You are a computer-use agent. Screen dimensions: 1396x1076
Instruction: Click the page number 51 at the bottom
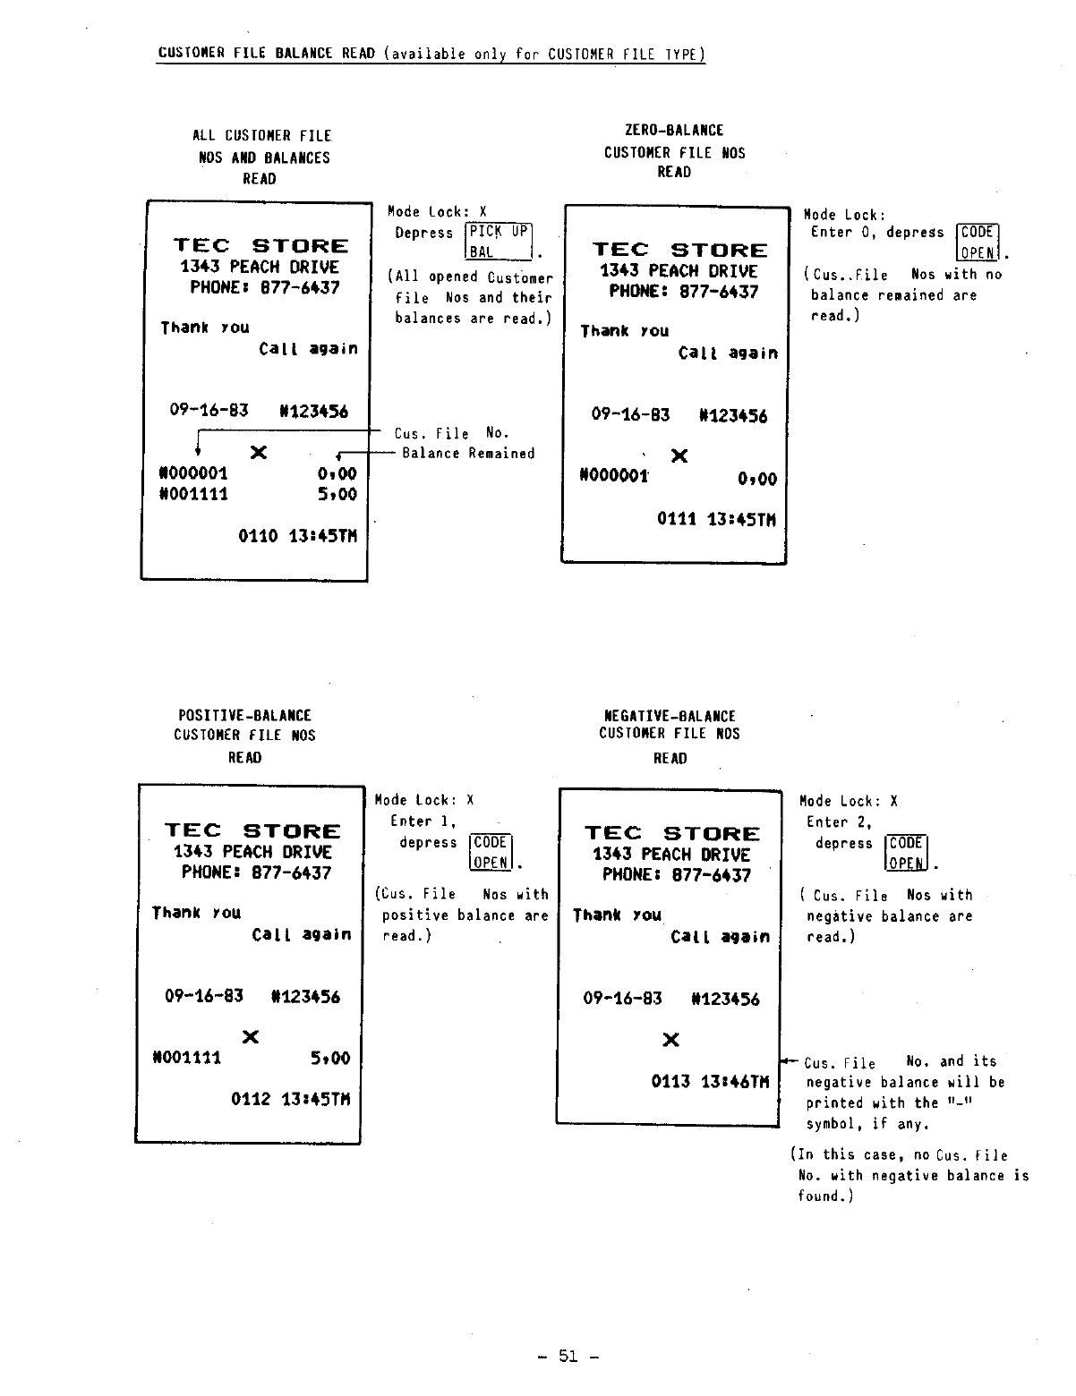(x=568, y=1357)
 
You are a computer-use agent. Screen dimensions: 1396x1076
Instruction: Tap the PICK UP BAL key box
(x=500, y=242)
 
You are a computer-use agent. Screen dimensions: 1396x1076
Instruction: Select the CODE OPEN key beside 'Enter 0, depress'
(x=978, y=242)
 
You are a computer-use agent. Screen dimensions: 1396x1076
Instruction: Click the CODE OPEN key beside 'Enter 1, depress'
(x=491, y=852)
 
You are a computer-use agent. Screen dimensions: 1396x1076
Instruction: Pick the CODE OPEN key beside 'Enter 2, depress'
(x=906, y=853)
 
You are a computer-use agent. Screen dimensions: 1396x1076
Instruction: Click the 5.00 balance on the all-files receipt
(x=337, y=494)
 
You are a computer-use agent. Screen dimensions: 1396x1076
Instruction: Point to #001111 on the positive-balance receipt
(x=187, y=1058)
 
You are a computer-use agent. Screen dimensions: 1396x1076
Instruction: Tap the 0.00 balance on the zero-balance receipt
(x=757, y=479)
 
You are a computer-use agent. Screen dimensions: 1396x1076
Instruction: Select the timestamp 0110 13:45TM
(x=297, y=536)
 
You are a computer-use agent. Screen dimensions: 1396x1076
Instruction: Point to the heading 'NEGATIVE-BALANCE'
(x=670, y=716)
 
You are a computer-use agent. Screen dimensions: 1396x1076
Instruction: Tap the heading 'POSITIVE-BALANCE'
(x=244, y=716)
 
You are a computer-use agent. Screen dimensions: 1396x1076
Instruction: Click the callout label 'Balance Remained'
(x=468, y=454)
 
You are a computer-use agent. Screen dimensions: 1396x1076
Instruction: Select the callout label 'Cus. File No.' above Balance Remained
(x=452, y=434)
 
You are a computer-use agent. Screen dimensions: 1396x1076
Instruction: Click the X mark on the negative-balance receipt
(x=670, y=1040)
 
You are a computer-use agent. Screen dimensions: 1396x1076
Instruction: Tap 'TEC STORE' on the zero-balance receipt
(x=679, y=251)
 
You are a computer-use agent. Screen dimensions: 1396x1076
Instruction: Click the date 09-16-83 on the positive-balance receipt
(x=204, y=996)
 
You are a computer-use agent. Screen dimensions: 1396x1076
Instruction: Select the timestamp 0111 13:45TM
(x=716, y=520)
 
